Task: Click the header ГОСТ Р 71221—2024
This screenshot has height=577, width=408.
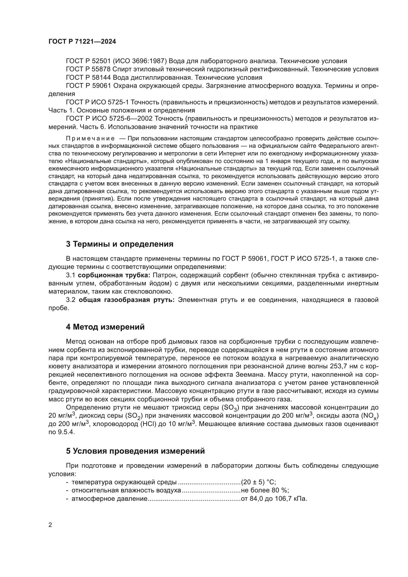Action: tap(82, 42)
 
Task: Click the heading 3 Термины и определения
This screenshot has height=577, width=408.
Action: tap(120, 244)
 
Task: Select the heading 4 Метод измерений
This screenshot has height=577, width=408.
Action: tap(105, 327)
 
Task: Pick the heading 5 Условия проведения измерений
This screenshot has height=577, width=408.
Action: tap(135, 451)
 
